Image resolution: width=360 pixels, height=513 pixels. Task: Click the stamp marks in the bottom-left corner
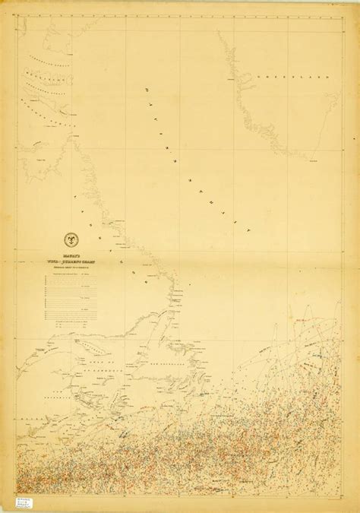[14, 495]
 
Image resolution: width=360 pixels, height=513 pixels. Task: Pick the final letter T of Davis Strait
[248, 234]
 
